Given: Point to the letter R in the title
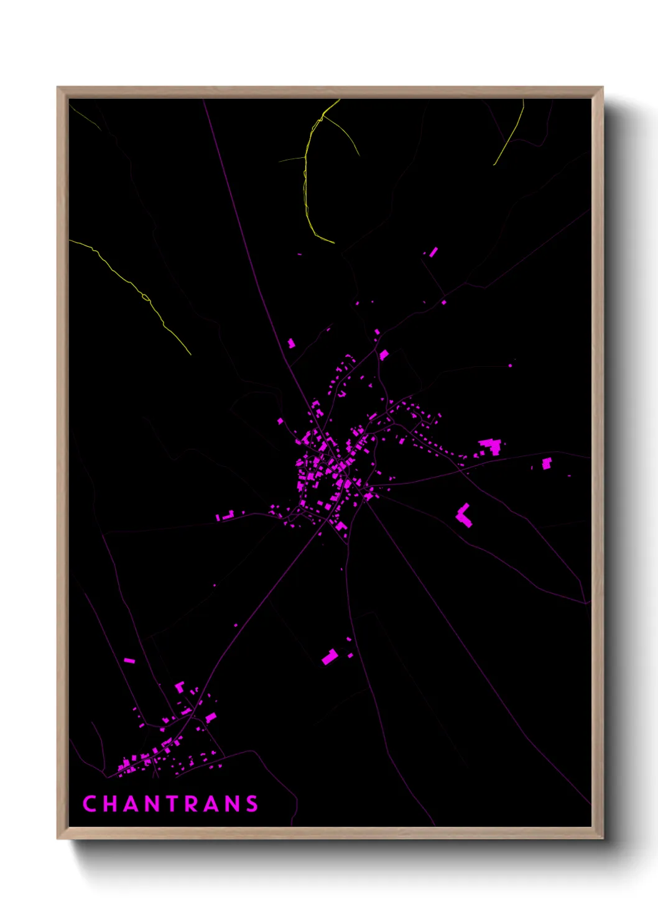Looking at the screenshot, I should (x=193, y=804).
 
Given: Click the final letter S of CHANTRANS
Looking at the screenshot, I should (x=252, y=804).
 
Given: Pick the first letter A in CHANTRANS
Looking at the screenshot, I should (x=132, y=804).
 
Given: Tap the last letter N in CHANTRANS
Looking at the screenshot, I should (x=233, y=804).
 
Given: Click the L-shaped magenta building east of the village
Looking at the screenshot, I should (x=464, y=515).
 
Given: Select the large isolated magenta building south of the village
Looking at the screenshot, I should (x=330, y=656).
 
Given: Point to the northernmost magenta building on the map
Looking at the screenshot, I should (x=433, y=252).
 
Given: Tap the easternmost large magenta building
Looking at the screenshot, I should (x=547, y=463).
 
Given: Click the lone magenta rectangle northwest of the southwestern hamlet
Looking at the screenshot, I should (x=129, y=660).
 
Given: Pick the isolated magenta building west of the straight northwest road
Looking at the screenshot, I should (x=290, y=343).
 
